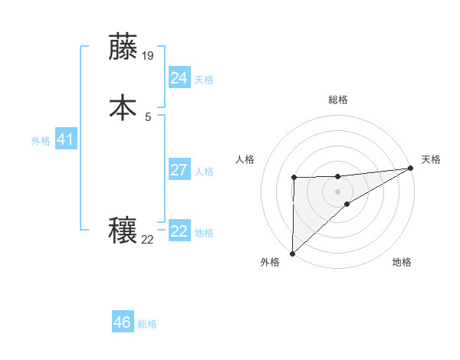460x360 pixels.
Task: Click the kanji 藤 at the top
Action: tap(124, 47)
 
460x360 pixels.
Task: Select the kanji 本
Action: tap(124, 106)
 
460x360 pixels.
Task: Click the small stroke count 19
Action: tap(149, 56)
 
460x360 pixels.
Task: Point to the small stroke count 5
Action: tap(148, 116)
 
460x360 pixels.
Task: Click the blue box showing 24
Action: tap(179, 78)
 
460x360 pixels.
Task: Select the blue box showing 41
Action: tap(66, 140)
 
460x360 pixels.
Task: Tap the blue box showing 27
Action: tap(179, 170)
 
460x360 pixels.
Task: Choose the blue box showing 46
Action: tap(122, 322)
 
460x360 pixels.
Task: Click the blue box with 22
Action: tap(179, 231)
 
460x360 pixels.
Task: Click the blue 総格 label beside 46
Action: tap(147, 324)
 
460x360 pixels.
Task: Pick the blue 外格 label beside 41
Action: tap(41, 141)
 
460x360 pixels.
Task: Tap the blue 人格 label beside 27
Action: tap(205, 172)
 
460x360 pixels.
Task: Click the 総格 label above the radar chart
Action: tap(338, 100)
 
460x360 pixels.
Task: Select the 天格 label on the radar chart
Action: tap(432, 159)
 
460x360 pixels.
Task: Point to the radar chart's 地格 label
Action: tap(402, 262)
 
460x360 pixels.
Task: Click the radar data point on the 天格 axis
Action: tap(411, 169)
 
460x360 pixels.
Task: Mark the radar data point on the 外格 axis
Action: tap(292, 253)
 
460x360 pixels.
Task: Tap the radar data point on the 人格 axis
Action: tap(294, 178)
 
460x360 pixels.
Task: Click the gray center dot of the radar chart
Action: tap(337, 191)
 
